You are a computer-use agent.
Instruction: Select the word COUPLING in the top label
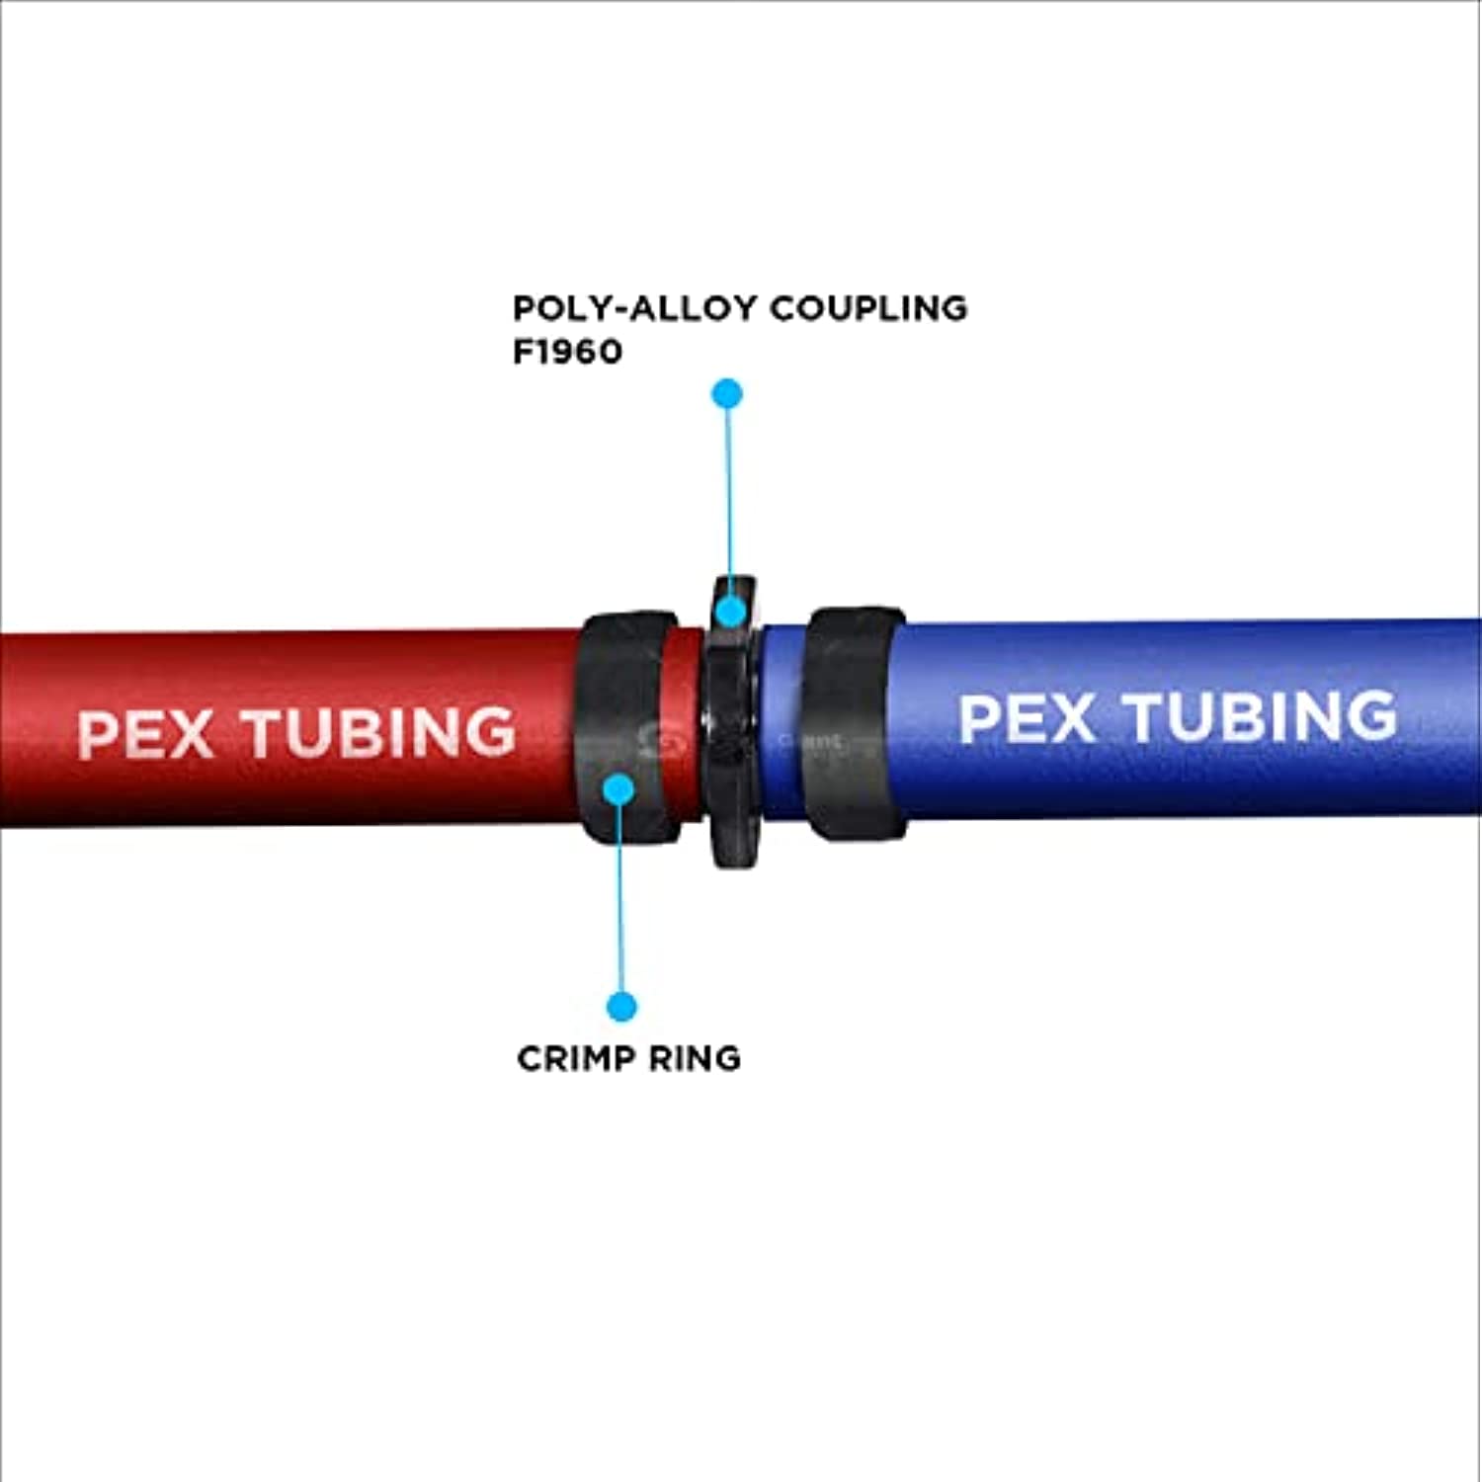click(868, 308)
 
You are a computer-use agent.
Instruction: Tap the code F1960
click(567, 352)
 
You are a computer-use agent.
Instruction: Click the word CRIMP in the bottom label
click(576, 1058)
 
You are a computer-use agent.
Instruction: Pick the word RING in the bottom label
click(696, 1058)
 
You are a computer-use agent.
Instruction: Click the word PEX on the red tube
click(144, 733)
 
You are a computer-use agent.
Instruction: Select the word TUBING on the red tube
click(380, 732)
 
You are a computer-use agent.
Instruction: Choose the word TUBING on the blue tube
click(1262, 716)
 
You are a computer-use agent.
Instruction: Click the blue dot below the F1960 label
click(727, 393)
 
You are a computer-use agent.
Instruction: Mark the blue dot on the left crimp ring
click(618, 788)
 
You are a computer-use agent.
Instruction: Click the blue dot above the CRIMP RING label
click(621, 1007)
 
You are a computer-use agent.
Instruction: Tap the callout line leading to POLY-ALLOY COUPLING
click(729, 494)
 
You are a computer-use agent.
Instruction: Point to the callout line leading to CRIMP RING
click(620, 899)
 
